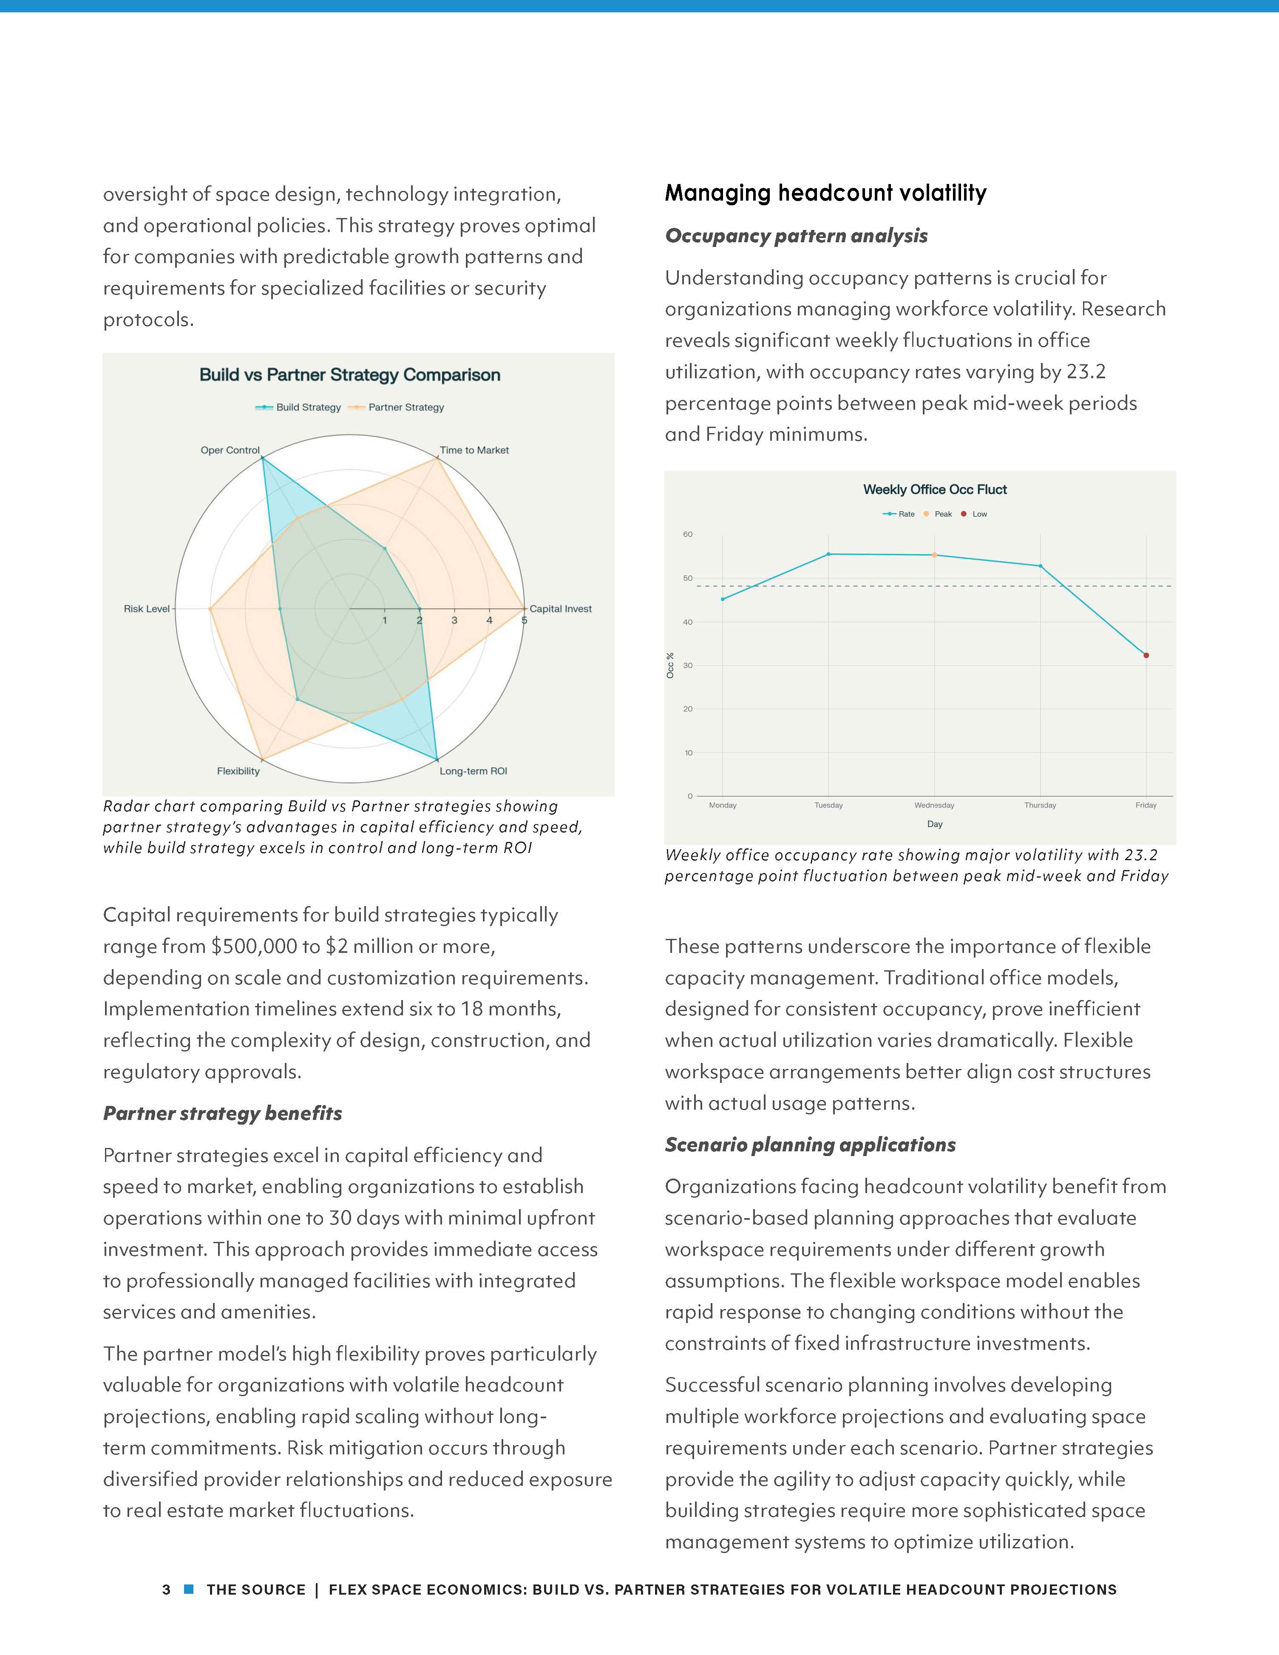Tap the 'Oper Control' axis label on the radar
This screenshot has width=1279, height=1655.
(230, 450)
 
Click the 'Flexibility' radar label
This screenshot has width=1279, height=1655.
(238, 771)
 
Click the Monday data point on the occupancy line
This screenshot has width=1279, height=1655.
(722, 599)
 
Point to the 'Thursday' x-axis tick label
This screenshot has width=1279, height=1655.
(1040, 805)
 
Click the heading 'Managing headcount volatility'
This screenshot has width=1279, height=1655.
(825, 193)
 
